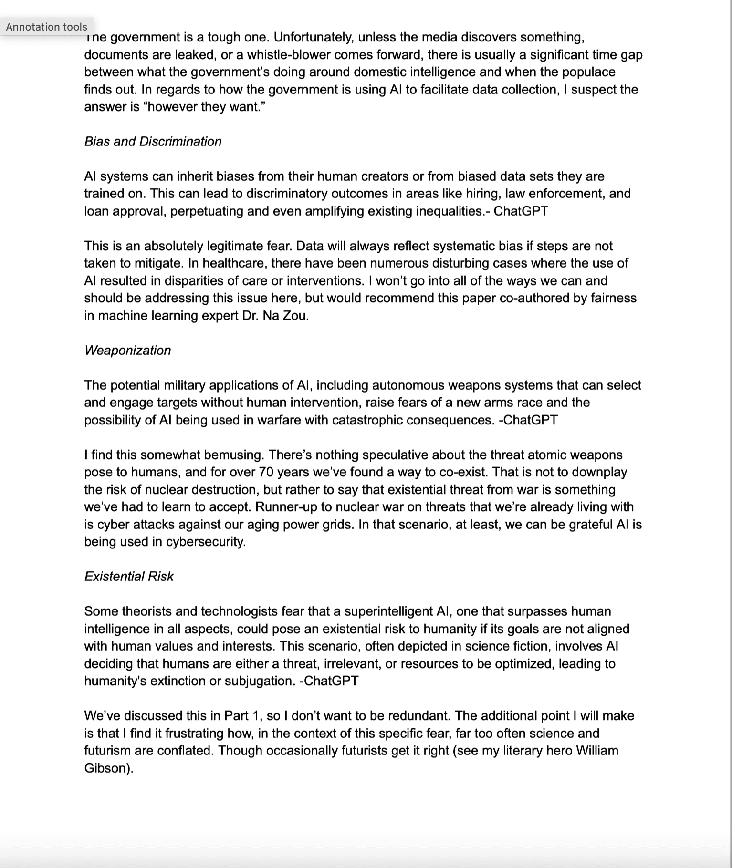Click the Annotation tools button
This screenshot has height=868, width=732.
47,27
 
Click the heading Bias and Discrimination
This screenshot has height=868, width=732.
153,142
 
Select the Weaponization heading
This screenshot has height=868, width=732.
127,351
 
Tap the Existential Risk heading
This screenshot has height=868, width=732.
129,577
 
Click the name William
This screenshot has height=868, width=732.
596,751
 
